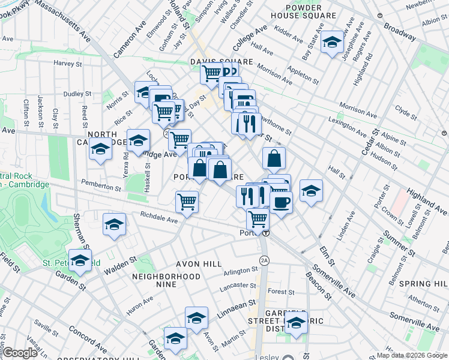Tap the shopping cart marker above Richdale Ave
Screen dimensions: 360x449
pyautogui.click(x=187, y=202)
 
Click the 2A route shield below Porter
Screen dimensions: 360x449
pyautogui.click(x=264, y=260)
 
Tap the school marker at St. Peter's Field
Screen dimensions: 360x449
pyautogui.click(x=80, y=261)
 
